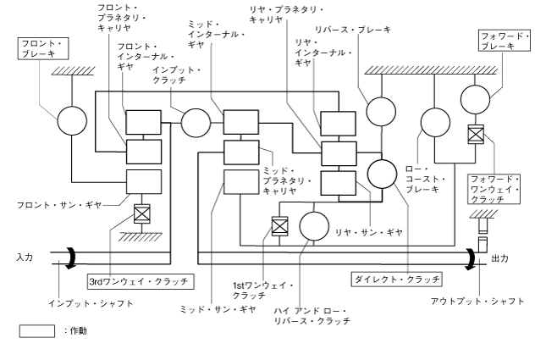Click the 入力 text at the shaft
(x=24, y=256)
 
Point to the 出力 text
(x=500, y=260)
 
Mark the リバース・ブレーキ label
(x=365, y=30)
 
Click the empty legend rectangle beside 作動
(x=36, y=331)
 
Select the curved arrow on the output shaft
(x=470, y=258)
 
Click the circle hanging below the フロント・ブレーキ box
(x=71, y=121)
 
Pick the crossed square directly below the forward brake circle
(x=475, y=134)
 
